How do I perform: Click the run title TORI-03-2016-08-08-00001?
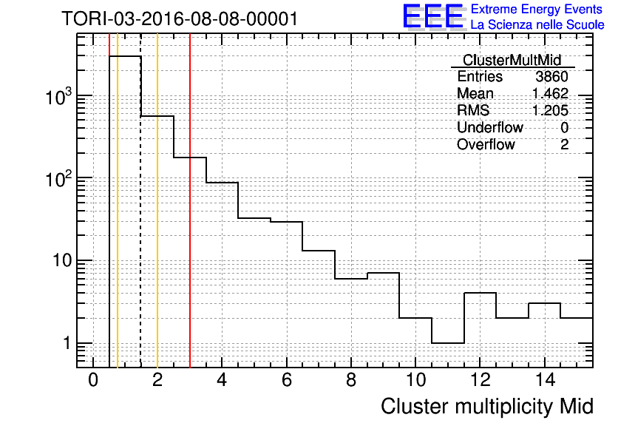click(180, 18)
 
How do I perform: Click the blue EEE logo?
click(433, 16)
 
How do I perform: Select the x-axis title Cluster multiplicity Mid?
click(487, 406)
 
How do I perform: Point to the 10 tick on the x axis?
click(415, 380)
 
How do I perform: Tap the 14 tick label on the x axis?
click(545, 380)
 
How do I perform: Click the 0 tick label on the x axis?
click(93, 380)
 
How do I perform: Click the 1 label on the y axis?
click(67, 343)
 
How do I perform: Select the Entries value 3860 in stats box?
click(551, 76)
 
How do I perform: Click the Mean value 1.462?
click(550, 93)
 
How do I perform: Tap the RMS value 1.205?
click(550, 110)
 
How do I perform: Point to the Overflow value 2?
click(564, 144)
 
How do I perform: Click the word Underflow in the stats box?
click(490, 127)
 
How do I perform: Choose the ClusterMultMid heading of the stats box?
click(512, 60)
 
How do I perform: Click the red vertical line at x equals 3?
click(190, 200)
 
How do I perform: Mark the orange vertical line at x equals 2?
click(157, 200)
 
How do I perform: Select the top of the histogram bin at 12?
click(480, 293)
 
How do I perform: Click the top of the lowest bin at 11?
click(448, 343)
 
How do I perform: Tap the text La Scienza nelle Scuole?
click(537, 24)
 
